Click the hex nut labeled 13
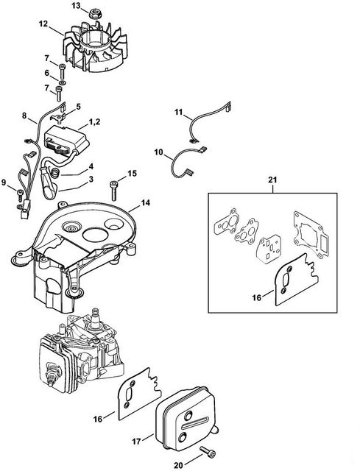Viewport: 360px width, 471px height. [93, 14]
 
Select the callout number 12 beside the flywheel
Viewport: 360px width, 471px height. [43, 24]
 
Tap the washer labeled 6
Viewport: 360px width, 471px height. [62, 82]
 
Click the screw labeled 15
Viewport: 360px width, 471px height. [114, 190]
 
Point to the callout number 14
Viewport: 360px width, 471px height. [146, 203]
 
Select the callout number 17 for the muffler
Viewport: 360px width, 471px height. [136, 442]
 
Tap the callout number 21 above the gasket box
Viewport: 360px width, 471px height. [272, 180]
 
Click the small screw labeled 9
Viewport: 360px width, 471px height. [20, 194]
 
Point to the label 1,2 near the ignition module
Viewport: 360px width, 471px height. [94, 122]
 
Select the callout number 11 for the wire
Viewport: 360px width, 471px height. [179, 112]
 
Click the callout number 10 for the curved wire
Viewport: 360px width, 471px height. [158, 152]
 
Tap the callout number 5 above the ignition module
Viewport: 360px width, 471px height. [78, 107]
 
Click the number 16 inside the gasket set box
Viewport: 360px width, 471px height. [257, 297]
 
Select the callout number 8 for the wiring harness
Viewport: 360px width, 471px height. [24, 116]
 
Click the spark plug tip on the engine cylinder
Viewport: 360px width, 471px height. [51, 383]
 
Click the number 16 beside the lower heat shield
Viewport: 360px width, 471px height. [98, 419]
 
